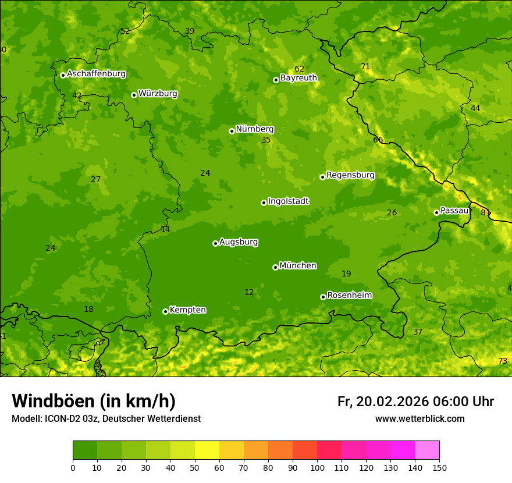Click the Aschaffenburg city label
[96, 74]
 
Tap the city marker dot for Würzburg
[134, 95]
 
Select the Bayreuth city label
[298, 78]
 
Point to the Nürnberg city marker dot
[232, 131]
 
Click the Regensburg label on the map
[350, 175]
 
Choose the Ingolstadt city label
[288, 201]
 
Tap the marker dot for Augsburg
[215, 243]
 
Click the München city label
[298, 266]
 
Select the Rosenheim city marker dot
[323, 297]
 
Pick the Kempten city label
[187, 310]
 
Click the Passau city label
[454, 211]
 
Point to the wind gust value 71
[365, 67]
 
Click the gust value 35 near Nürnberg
[266, 140]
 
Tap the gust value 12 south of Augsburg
[249, 293]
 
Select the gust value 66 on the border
[378, 140]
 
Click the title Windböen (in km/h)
[94, 401]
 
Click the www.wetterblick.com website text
[419, 419]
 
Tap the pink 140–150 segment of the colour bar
[427, 450]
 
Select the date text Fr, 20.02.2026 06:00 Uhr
[415, 402]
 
